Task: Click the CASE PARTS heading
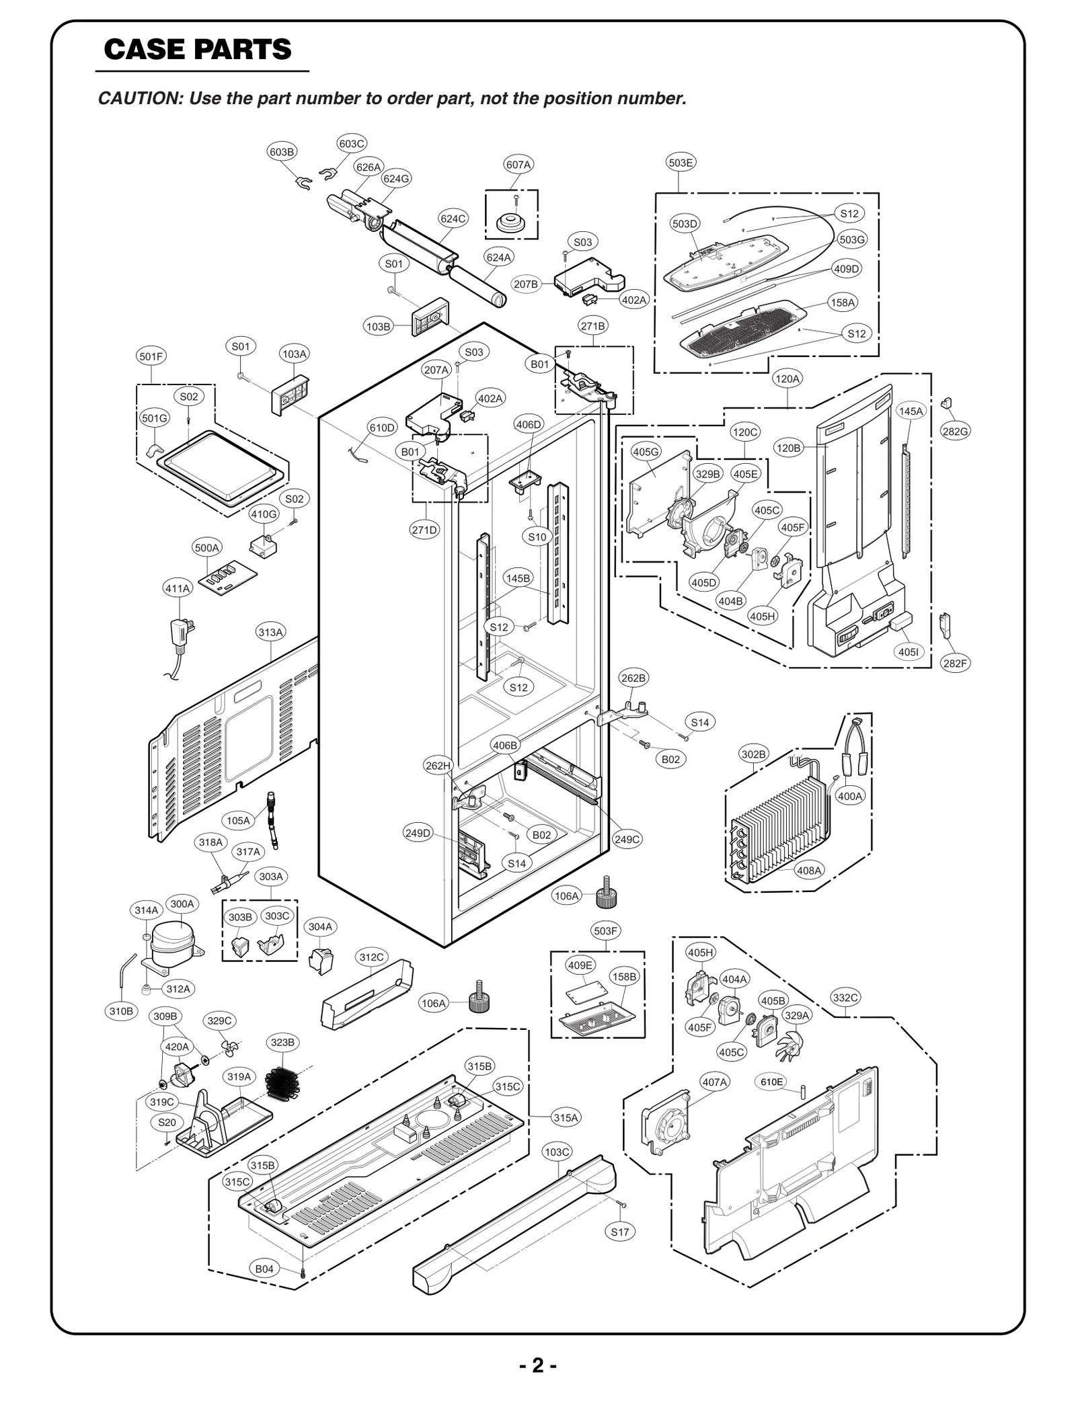click(x=198, y=50)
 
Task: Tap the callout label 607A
click(x=518, y=165)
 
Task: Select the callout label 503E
click(x=681, y=163)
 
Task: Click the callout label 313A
click(x=270, y=632)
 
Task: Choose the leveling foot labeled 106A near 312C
click(x=478, y=1002)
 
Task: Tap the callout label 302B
click(x=753, y=754)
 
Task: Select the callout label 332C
click(x=845, y=998)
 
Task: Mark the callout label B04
click(x=264, y=1269)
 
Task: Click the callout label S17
click(x=620, y=1232)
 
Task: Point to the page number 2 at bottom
click(x=537, y=1365)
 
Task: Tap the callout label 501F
click(x=151, y=356)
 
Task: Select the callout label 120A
click(x=787, y=379)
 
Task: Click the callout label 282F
click(x=955, y=663)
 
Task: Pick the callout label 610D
click(x=382, y=428)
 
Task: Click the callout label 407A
click(x=714, y=1082)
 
